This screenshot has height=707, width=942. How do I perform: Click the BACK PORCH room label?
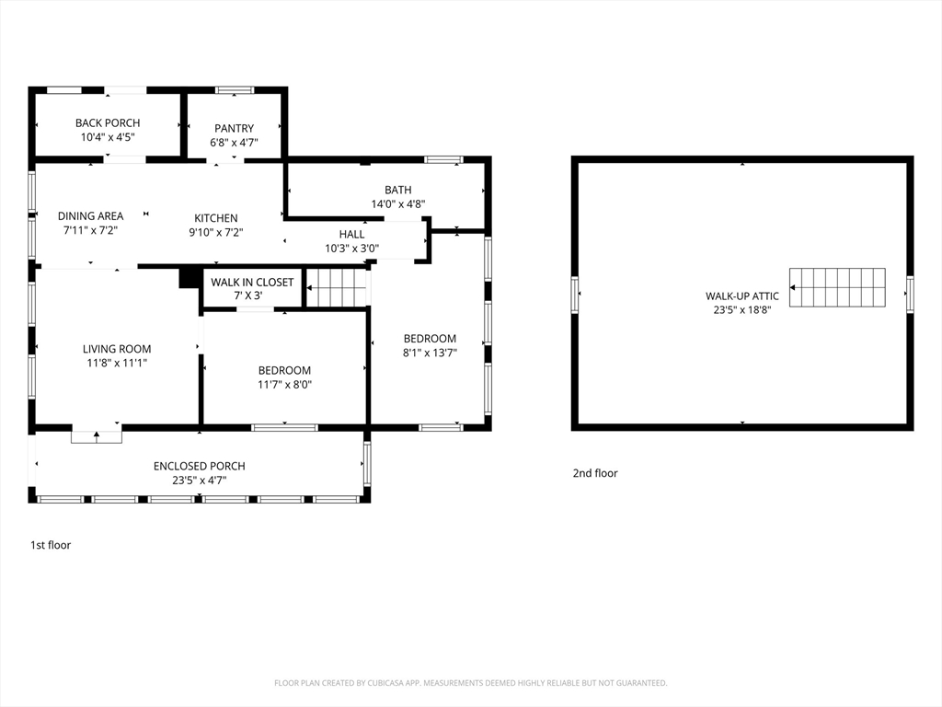(108, 122)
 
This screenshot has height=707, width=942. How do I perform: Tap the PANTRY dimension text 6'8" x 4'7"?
(234, 143)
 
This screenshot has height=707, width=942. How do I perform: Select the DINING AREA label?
(91, 215)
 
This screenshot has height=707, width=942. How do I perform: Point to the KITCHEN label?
(215, 218)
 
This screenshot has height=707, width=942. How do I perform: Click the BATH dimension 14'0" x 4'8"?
(397, 203)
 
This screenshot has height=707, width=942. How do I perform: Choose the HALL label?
(351, 234)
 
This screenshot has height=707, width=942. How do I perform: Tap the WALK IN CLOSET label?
(252, 282)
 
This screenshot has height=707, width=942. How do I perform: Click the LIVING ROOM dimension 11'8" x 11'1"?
(117, 363)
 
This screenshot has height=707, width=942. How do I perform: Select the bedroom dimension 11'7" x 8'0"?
(285, 384)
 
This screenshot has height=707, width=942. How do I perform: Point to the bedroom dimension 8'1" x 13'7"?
(430, 353)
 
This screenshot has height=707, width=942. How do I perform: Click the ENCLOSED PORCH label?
(199, 466)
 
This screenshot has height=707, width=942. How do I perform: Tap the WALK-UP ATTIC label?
(742, 296)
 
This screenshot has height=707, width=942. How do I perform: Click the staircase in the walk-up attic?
(837, 287)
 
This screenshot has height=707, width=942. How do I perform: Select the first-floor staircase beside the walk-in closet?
(337, 287)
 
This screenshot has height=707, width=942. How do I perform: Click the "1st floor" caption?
(51, 545)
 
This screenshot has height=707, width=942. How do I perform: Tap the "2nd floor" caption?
(595, 473)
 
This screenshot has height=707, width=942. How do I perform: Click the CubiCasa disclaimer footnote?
(470, 683)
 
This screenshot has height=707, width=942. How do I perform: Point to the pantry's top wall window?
(235, 91)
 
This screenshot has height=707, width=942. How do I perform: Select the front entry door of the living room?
(96, 435)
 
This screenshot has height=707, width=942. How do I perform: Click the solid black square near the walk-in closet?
(188, 278)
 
